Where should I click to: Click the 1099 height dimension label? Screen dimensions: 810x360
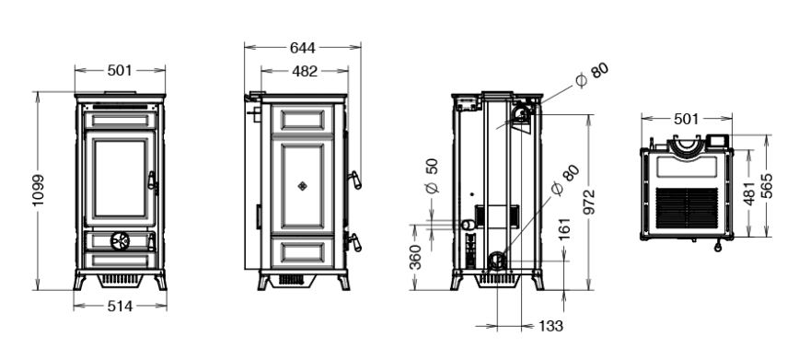[x=39, y=190]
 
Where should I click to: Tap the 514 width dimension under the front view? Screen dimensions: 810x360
[x=120, y=307]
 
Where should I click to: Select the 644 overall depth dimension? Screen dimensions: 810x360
[x=302, y=48]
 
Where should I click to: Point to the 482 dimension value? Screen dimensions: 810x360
[x=305, y=71]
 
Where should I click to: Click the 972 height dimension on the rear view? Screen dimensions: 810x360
[x=589, y=202]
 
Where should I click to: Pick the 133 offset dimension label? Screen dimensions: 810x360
[x=550, y=326]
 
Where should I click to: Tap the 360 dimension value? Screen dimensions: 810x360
[x=415, y=257]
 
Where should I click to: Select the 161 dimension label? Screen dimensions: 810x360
[x=564, y=229]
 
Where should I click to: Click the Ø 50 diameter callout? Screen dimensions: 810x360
[x=432, y=176]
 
